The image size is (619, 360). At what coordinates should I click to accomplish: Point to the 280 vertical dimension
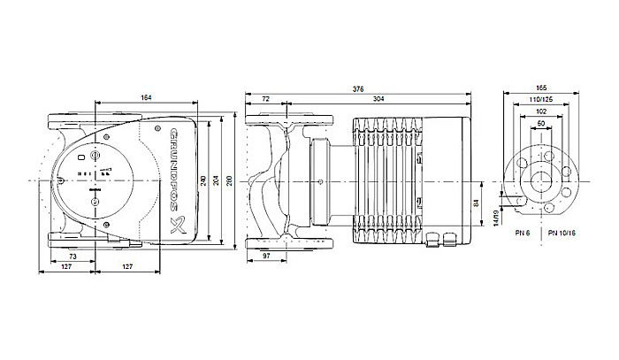(230, 181)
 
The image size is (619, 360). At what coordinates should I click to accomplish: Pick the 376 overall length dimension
(357, 88)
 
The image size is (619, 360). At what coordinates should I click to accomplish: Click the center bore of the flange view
(541, 181)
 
